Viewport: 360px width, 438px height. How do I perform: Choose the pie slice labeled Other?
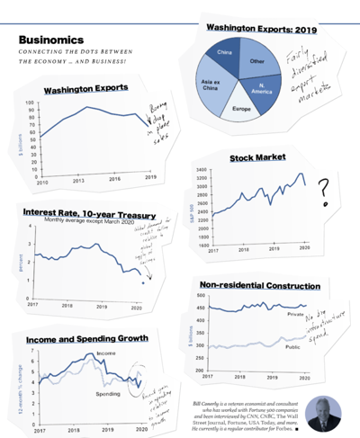[x=257, y=61]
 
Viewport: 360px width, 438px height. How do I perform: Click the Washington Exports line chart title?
[x=85, y=89]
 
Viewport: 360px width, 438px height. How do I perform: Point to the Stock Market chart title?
[x=257, y=157]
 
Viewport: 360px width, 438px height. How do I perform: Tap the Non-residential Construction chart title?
[x=259, y=286]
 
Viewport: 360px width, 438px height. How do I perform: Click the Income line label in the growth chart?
[x=106, y=354]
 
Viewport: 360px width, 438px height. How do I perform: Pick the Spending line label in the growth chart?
[x=109, y=395]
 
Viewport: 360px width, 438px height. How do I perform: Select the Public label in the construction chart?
[x=292, y=346]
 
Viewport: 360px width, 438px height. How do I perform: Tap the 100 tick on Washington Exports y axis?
[x=29, y=103]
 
